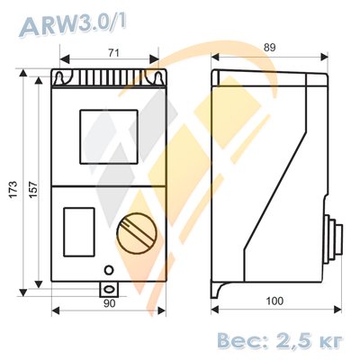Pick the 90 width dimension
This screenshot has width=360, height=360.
(x=109, y=304)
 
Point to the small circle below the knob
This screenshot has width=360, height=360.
(x=109, y=269)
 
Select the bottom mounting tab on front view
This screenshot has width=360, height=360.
(x=109, y=290)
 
